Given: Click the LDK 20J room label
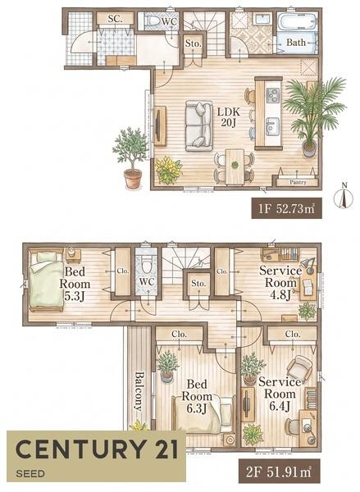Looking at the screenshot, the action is [229, 116].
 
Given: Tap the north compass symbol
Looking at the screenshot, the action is [344, 196].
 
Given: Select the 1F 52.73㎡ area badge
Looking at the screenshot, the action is [286, 208].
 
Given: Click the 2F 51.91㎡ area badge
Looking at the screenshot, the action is [280, 472].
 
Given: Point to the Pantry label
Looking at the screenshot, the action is [298, 182].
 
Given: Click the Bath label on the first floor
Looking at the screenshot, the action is [296, 42].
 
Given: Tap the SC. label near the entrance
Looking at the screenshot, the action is [115, 19].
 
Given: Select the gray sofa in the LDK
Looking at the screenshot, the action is [198, 125].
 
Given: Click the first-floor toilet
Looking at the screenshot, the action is [153, 21].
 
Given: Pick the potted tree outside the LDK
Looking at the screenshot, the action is [131, 157].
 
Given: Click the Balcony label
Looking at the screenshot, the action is [139, 391].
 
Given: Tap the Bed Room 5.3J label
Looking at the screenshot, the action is [75, 284].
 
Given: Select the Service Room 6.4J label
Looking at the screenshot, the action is [280, 394].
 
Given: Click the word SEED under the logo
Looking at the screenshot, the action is [30, 473].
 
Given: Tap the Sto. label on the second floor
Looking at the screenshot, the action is [198, 284].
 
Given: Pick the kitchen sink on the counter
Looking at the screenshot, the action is [272, 126].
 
